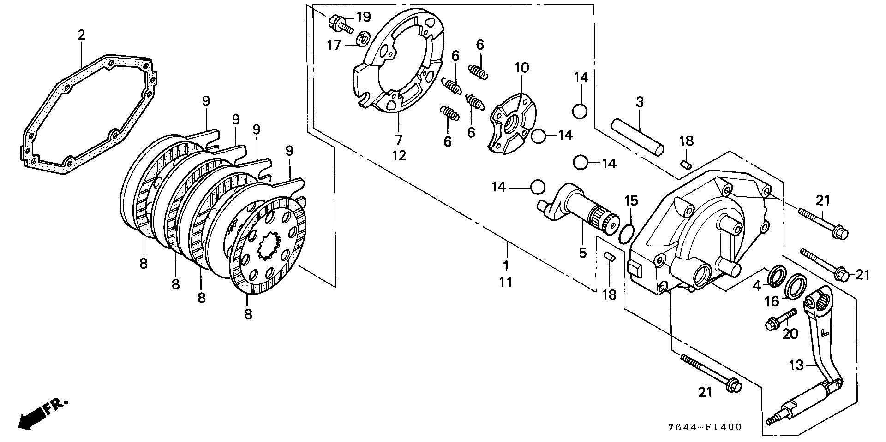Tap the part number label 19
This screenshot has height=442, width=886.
(363, 18)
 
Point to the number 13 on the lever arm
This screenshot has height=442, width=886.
(796, 365)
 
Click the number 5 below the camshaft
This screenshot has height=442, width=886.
(582, 253)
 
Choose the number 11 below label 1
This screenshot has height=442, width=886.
(505, 282)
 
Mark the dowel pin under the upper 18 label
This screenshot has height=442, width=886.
(686, 164)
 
